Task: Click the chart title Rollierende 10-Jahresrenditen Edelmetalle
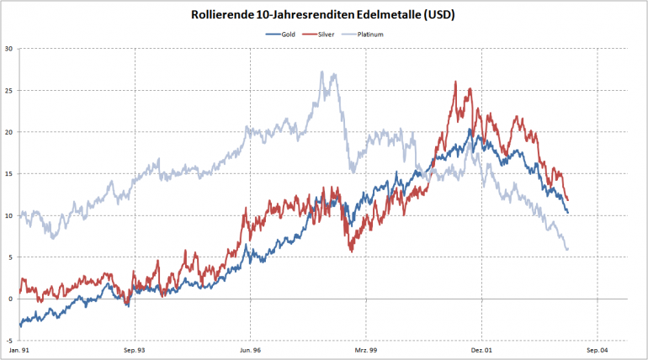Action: (x=323, y=15)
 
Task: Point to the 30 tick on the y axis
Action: (x=8, y=48)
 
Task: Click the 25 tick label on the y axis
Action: (x=8, y=90)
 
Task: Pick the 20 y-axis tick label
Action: (x=8, y=132)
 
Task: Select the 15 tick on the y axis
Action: (x=8, y=173)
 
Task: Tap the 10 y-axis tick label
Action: (x=8, y=215)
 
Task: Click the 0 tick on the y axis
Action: (x=10, y=299)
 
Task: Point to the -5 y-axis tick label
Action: (x=8, y=341)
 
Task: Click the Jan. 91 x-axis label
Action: (x=19, y=349)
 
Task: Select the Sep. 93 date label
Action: (x=135, y=349)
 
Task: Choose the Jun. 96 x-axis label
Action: (x=250, y=349)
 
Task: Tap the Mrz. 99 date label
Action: (x=365, y=349)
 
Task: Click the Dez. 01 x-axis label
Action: (x=481, y=349)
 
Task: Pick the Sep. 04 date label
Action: (x=597, y=349)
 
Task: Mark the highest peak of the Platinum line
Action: (x=323, y=72)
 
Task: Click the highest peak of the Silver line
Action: (x=455, y=82)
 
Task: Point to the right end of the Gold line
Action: (x=568, y=212)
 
